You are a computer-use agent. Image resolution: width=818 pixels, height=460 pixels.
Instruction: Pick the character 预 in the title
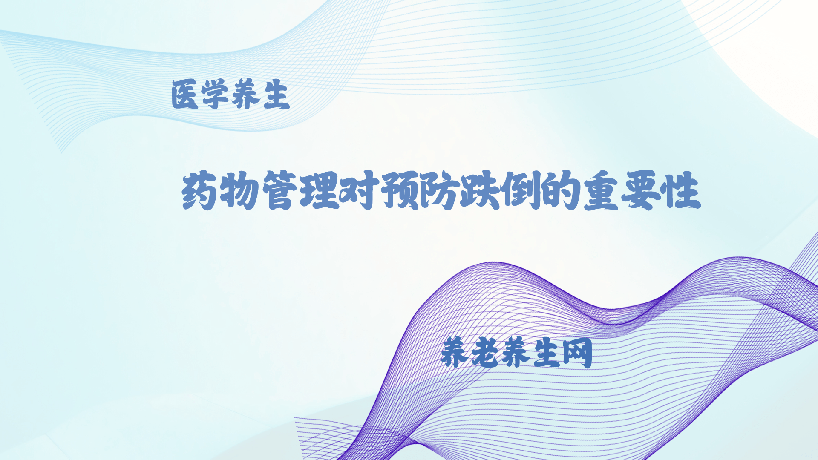click(400, 190)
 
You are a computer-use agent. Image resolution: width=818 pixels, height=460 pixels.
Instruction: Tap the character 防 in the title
click(439, 190)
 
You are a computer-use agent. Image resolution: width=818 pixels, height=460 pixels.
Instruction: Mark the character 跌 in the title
click(480, 190)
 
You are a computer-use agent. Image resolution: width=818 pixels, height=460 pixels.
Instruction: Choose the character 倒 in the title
click(520, 190)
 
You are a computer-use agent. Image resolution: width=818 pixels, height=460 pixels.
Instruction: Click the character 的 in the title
click(560, 190)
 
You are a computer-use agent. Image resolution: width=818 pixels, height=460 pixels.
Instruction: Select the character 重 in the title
click(601, 190)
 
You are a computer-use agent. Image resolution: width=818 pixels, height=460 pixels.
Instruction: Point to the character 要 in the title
click(641, 190)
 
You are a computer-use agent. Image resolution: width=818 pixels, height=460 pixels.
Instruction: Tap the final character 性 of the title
click(681, 190)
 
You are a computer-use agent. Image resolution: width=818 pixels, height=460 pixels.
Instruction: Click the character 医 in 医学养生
click(185, 95)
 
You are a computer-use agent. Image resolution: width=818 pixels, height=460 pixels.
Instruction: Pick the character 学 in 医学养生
click(215, 95)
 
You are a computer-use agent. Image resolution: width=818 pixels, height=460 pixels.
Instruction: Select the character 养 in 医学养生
click(245, 95)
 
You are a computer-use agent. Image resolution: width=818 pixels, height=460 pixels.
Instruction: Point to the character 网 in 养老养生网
click(577, 352)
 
